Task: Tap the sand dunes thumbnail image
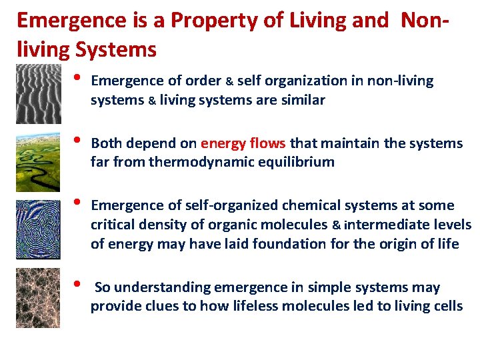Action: (37, 93)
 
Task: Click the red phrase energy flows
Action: (243, 143)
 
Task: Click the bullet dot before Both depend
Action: (77, 141)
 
